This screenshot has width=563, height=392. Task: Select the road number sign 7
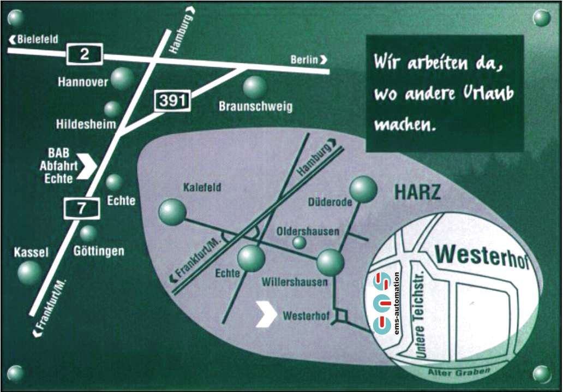(x=82, y=208)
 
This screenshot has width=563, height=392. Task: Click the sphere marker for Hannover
(x=122, y=79)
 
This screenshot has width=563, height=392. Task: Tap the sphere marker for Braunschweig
(x=255, y=87)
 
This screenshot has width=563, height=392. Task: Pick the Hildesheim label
(x=86, y=124)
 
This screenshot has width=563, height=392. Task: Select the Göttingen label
(x=99, y=251)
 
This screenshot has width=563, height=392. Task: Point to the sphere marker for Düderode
(x=363, y=189)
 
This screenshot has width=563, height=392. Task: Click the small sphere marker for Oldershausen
(x=300, y=242)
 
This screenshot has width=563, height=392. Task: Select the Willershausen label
(x=295, y=282)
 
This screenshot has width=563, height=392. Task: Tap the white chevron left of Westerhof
(x=266, y=316)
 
